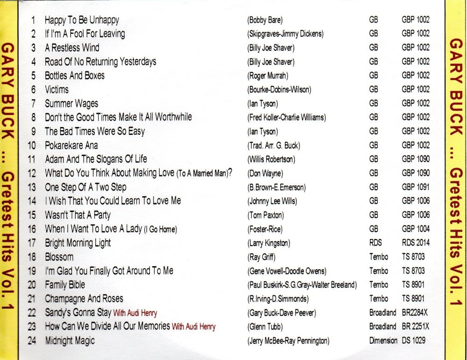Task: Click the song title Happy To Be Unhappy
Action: [x=82, y=20]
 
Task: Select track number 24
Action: [x=32, y=341]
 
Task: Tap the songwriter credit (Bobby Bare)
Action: [x=265, y=20]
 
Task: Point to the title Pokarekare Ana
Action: [x=71, y=145]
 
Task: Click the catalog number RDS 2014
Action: [x=416, y=243]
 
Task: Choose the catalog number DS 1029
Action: [x=414, y=341]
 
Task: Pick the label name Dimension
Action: [x=383, y=341]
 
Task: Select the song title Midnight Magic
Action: [x=70, y=341]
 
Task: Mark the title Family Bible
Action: [x=65, y=285]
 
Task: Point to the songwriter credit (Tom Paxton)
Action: [x=265, y=215]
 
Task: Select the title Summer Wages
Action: [x=71, y=104]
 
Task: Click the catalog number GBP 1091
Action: [x=416, y=187]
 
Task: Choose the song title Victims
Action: [x=57, y=90]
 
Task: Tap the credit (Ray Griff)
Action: [x=262, y=257]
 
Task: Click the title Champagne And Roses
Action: [x=84, y=299]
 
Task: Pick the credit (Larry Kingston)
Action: [x=269, y=243]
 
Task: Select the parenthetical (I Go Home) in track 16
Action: [x=160, y=229]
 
